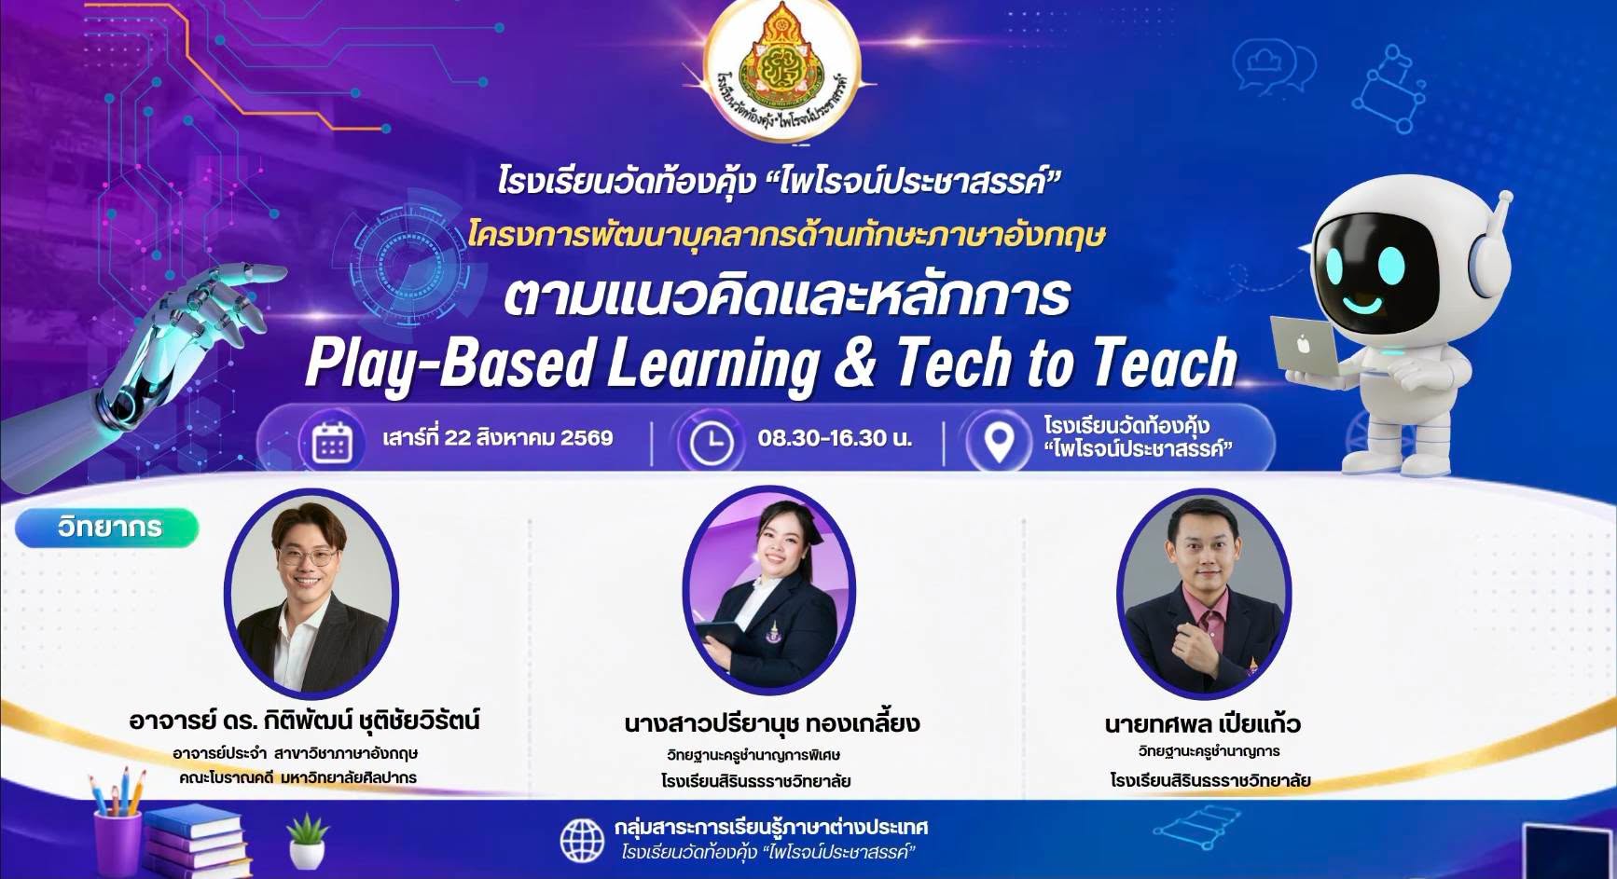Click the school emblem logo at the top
click(790, 75)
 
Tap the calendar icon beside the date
click(332, 442)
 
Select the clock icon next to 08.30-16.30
click(711, 442)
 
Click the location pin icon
click(1000, 443)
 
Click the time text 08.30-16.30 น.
click(835, 437)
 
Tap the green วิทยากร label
click(108, 528)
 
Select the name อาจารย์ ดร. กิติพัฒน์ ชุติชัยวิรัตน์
click(305, 721)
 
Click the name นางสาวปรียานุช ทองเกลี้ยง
click(772, 723)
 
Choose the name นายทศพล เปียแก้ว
click(1203, 723)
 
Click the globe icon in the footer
click(582, 839)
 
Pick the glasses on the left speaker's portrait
click(307, 557)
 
